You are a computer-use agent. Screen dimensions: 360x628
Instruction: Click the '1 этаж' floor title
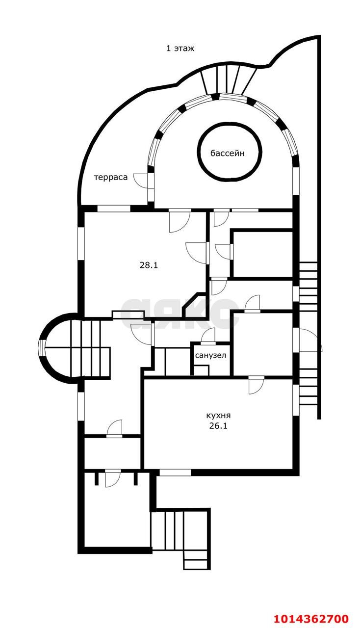tap(180, 49)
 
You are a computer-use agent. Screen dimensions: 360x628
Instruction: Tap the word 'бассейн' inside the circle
tap(228, 153)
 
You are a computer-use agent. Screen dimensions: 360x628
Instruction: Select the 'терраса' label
tap(111, 178)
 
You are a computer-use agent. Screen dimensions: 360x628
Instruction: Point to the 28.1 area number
tap(149, 265)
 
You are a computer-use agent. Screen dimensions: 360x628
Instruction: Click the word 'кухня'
tap(218, 415)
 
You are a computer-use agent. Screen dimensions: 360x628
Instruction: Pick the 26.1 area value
tap(218, 426)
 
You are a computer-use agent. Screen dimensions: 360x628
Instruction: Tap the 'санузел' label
tap(210, 356)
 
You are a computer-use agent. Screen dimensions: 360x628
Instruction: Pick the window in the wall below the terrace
tap(114, 209)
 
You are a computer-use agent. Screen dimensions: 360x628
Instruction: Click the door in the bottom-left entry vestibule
tap(113, 480)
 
